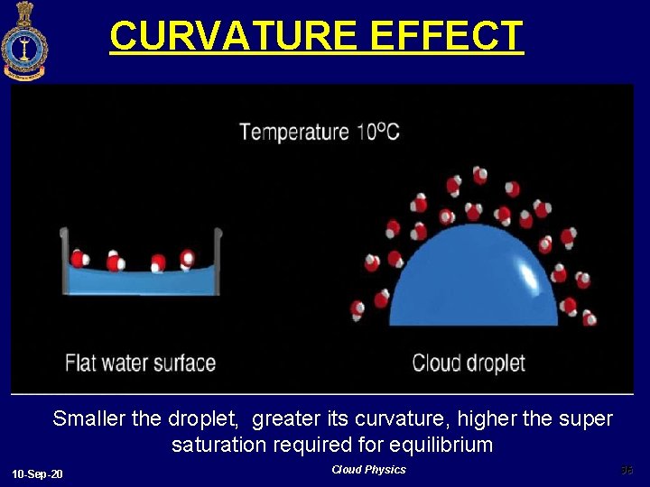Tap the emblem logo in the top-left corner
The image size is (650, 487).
[x=23, y=41]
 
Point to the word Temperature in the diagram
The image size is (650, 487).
[x=294, y=133]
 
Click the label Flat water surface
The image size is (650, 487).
[x=140, y=363]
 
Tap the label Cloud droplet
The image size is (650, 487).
[x=469, y=363]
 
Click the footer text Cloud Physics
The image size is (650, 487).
[x=368, y=470]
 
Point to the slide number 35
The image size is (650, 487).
[x=627, y=470]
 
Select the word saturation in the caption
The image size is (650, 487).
[x=215, y=446]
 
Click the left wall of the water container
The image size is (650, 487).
[x=64, y=262]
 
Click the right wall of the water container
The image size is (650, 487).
[x=218, y=262]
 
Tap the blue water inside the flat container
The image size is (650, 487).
[x=140, y=281]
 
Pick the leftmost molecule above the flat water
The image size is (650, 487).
[x=79, y=260]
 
